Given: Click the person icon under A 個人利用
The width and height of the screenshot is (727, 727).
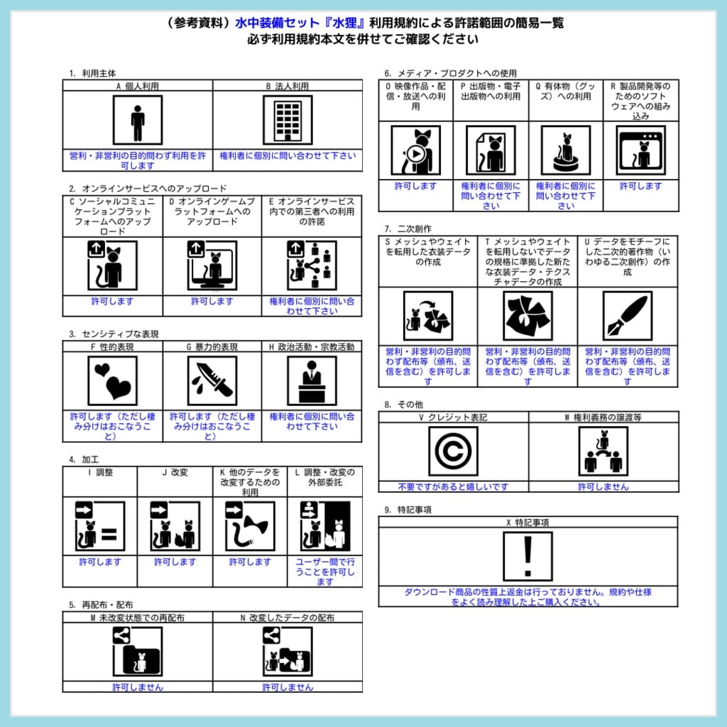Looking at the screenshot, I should [x=138, y=120].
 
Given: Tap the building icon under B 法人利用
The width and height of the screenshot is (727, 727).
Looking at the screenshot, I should [x=288, y=120].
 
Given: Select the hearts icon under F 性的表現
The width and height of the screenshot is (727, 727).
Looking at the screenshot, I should [x=112, y=381].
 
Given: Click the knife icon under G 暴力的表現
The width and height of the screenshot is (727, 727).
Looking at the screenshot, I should [x=212, y=381].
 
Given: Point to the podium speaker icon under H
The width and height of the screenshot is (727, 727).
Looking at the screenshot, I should [x=312, y=381].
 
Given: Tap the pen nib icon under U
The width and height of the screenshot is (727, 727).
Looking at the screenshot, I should [x=627, y=315].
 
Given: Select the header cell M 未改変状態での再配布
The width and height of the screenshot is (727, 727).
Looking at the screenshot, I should [x=138, y=618].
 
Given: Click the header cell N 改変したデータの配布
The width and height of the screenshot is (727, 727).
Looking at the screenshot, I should [x=288, y=618].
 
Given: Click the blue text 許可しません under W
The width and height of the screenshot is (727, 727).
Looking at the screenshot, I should [x=603, y=487].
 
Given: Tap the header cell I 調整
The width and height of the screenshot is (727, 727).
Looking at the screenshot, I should [x=100, y=472].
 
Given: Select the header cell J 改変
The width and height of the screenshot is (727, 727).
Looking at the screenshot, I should [x=175, y=472].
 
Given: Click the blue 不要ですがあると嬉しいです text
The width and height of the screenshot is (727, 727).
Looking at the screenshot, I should [x=453, y=487].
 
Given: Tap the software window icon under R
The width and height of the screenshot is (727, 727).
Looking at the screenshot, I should [x=641, y=151].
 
